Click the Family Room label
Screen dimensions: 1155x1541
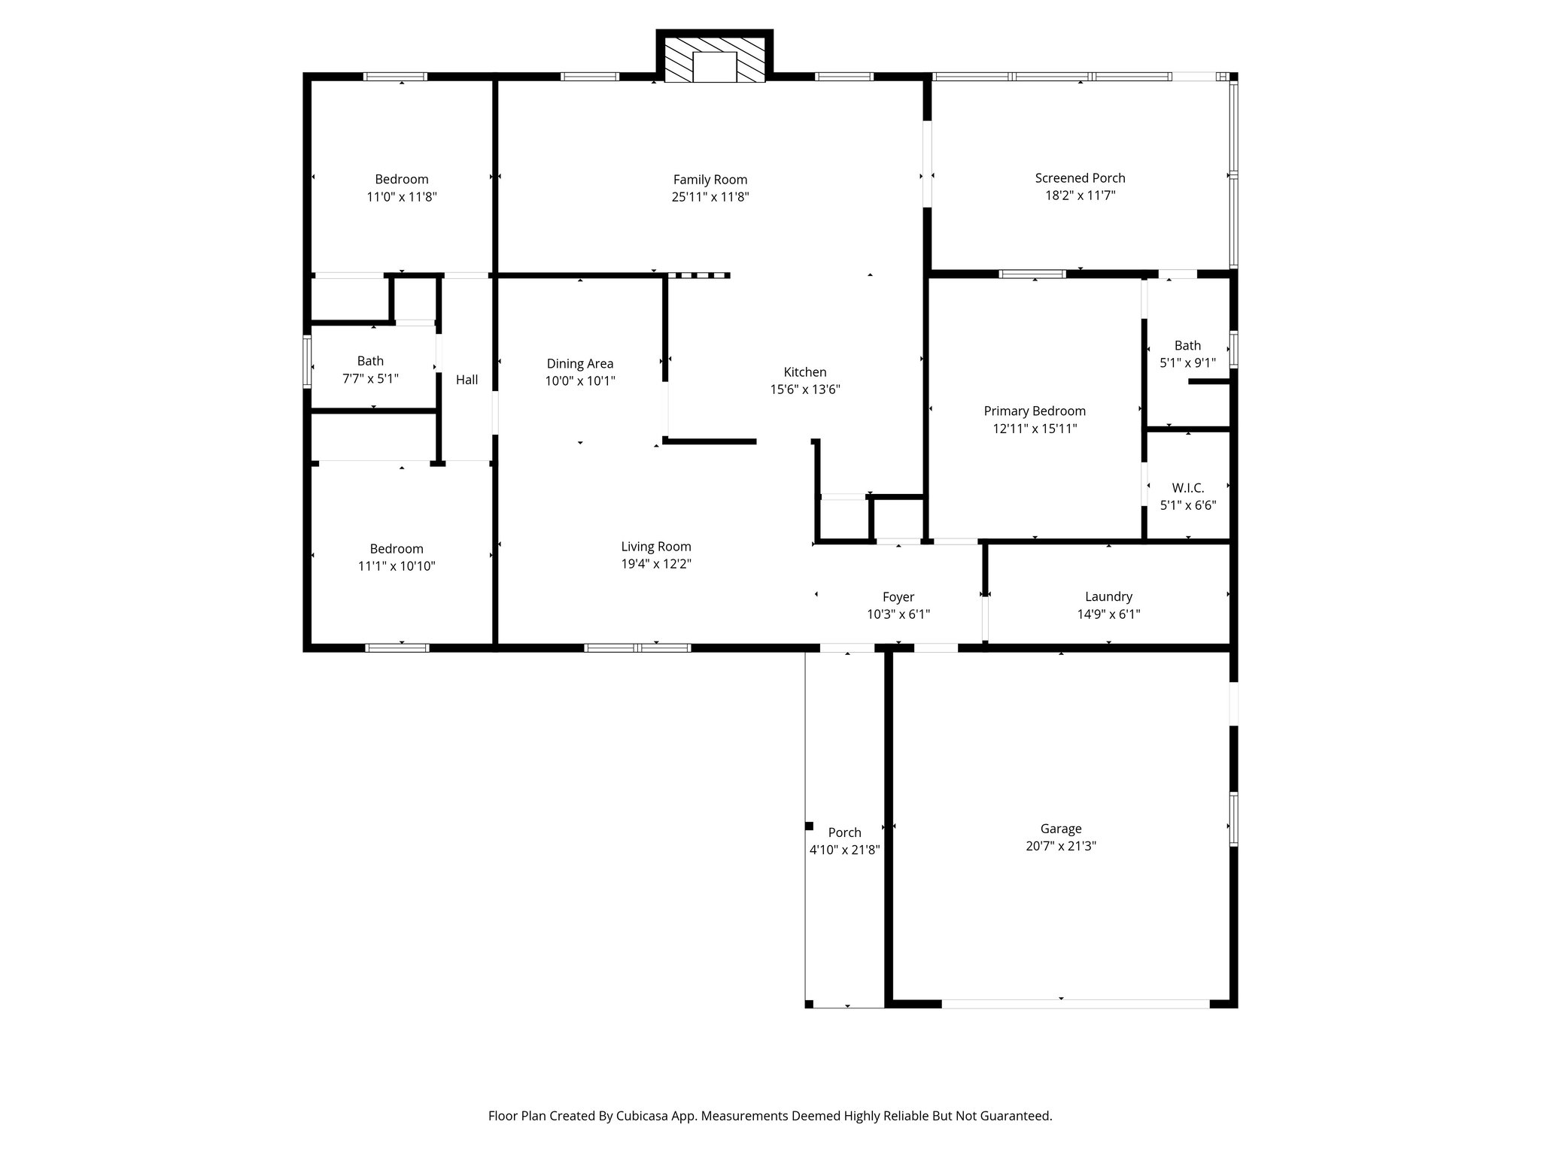click(x=710, y=180)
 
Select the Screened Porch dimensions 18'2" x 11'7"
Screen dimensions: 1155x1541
click(x=1080, y=196)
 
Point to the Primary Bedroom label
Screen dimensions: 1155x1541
click(x=1035, y=411)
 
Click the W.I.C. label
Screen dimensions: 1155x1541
click(x=1187, y=488)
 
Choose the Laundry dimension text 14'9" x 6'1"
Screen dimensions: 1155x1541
click(x=1108, y=614)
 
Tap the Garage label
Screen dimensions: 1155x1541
click(x=1061, y=829)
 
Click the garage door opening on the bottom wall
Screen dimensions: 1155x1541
click(x=1075, y=1003)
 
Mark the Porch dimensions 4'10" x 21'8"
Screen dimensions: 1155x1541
click(x=844, y=850)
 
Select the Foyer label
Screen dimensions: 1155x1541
click(x=898, y=597)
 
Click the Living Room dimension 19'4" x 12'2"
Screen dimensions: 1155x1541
click(x=656, y=564)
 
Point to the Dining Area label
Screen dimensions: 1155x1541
click(x=580, y=364)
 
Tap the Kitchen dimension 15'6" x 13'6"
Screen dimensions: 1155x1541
click(x=804, y=390)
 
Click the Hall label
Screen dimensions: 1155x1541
click(x=467, y=380)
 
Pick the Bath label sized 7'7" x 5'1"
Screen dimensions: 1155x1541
click(x=370, y=361)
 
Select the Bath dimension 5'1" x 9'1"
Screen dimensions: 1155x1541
click(x=1187, y=363)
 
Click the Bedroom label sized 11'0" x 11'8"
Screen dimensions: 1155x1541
click(x=402, y=180)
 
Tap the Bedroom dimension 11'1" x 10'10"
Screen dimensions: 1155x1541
click(x=397, y=566)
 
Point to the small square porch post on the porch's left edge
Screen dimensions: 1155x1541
click(x=810, y=826)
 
